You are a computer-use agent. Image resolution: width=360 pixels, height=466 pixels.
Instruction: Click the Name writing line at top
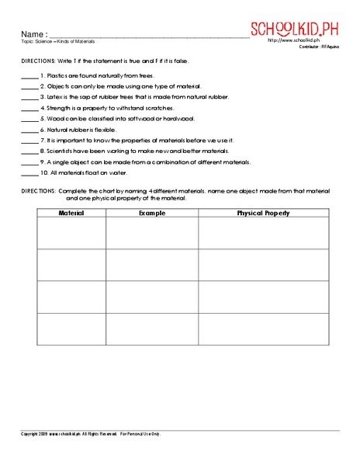(x=147, y=36)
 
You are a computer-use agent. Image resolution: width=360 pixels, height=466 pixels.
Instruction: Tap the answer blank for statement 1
(x=28, y=78)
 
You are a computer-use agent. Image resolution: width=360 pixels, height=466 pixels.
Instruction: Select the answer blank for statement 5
(x=28, y=119)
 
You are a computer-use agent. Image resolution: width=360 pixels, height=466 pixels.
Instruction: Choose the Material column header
(x=71, y=211)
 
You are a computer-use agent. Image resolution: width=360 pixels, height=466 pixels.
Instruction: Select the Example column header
(x=152, y=211)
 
